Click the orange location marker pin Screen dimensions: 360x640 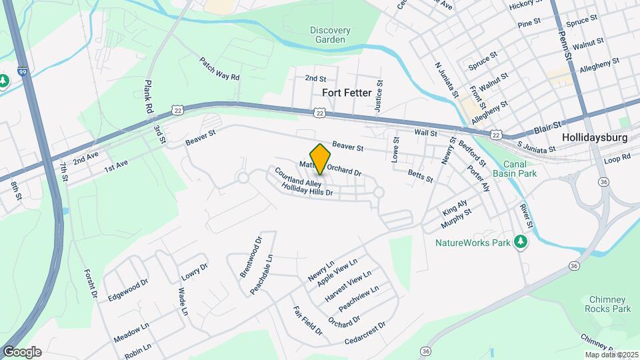tap(320, 159)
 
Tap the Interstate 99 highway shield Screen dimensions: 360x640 tap(23, 71)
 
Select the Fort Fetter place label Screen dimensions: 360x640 tap(346, 93)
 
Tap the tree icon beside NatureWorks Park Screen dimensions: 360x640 tap(522, 243)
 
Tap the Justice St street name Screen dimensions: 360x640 tap(379, 95)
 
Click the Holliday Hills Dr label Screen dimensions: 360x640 tap(307, 191)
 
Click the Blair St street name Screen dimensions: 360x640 tap(549, 128)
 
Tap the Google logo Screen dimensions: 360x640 tap(22, 352)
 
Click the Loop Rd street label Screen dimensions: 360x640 tap(617, 159)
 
